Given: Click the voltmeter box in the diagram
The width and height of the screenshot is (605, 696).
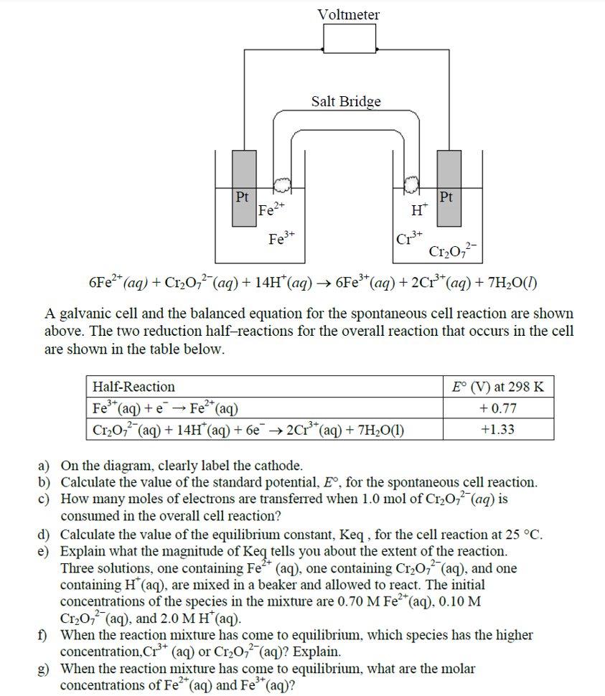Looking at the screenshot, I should tap(350, 39).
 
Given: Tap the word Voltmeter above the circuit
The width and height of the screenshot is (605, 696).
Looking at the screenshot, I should tap(349, 14).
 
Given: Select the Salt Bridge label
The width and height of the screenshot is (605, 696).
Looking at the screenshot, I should tap(346, 102).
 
